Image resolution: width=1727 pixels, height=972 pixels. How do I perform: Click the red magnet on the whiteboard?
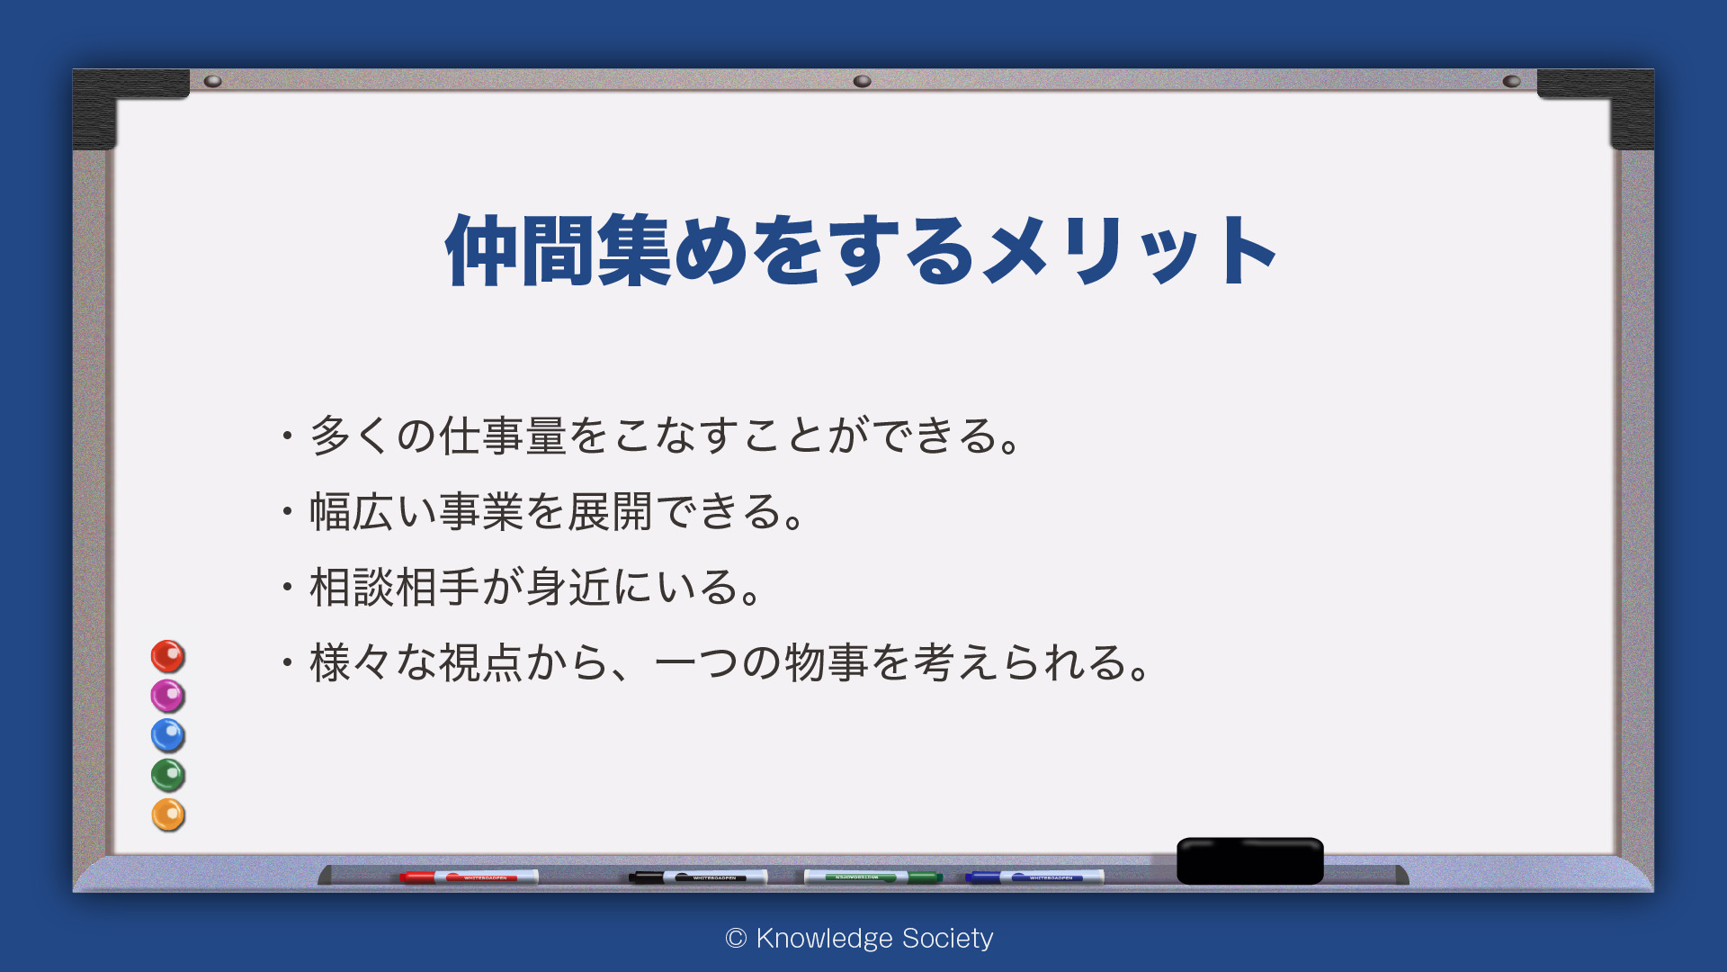click(167, 656)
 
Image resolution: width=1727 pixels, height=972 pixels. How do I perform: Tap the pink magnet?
click(167, 696)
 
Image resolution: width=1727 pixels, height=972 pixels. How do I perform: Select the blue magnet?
click(167, 735)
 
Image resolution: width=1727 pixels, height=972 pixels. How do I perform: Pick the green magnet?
click(167, 775)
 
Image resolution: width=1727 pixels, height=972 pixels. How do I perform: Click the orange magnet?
click(167, 814)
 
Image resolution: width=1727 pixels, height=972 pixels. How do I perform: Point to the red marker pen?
click(469, 877)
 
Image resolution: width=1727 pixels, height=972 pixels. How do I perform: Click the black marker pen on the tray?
click(698, 877)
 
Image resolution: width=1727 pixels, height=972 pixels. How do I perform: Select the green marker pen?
click(872, 877)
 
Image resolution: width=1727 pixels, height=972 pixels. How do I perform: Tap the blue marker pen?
click(1034, 877)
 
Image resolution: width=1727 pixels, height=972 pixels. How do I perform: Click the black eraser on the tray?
click(1250, 860)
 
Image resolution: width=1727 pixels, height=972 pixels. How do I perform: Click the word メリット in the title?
click(1129, 250)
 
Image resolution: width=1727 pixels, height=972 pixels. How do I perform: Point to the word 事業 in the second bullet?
click(480, 511)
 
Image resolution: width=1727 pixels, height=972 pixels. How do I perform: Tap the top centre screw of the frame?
click(862, 81)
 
